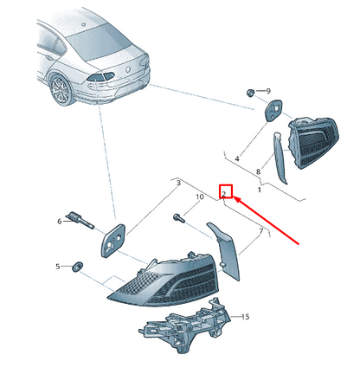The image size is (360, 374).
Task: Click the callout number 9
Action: [268, 91]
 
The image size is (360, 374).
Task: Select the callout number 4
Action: [237, 158]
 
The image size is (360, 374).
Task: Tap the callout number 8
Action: [258, 171]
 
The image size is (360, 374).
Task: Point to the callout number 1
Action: [260, 190]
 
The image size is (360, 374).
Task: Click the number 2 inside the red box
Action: [224, 192]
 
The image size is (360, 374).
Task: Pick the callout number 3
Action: [178, 183]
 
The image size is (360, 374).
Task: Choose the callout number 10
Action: [200, 197]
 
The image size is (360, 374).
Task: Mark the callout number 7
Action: [261, 231]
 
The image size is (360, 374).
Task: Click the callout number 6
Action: [60, 222]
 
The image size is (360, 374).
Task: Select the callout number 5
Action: [58, 267]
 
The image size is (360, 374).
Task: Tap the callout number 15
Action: [245, 317]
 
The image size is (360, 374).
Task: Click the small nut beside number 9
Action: [250, 93]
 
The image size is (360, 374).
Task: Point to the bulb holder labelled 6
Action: [80, 220]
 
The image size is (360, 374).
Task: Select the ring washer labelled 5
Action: [77, 267]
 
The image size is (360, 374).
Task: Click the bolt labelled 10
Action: [178, 217]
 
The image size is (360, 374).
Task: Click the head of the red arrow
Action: [234, 197]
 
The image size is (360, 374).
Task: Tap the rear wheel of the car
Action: [61, 90]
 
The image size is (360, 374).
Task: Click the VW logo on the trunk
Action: [128, 69]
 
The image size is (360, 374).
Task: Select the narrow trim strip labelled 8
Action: [280, 158]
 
